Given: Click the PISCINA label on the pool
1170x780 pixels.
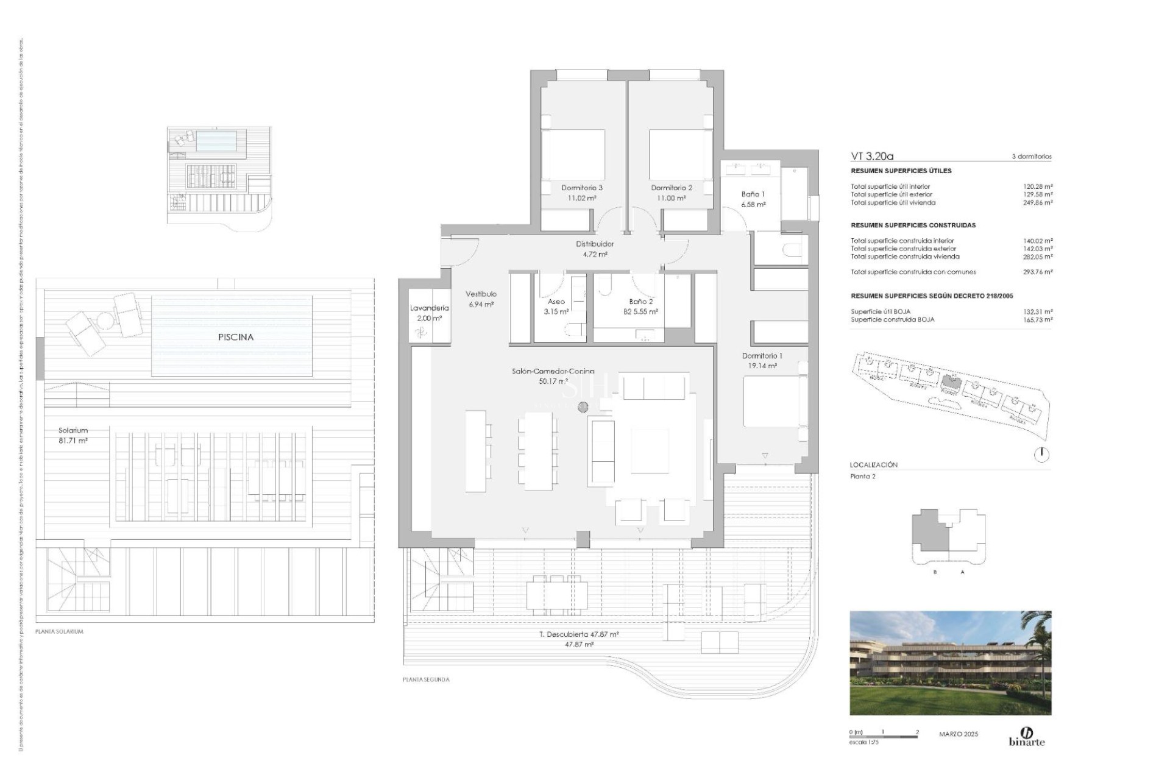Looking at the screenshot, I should pos(236,337).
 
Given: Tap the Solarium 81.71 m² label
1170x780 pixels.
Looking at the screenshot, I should pos(73,435).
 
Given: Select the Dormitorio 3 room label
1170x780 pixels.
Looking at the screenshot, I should pos(582,193).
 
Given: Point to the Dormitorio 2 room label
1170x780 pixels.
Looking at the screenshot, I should pos(672,193).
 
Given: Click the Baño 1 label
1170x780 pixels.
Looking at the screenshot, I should pos(753,199).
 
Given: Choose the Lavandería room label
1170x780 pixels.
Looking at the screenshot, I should pos(429,313).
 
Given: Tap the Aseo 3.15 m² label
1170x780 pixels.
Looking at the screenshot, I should pos(556,307).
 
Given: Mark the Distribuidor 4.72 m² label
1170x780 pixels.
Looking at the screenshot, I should pos(595,249).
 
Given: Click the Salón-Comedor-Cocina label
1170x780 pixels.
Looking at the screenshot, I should pos(553,376).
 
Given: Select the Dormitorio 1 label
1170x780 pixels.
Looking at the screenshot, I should pos(762,360).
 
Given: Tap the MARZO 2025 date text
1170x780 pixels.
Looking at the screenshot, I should pos(959,734).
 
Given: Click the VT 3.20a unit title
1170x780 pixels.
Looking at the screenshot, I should pos(872,156).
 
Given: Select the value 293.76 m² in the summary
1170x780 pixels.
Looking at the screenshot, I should pos(1038,272).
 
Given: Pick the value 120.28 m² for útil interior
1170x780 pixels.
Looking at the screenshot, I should pos(1038,187).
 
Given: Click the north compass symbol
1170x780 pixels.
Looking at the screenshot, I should pos(1041,454).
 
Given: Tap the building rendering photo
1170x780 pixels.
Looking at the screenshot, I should pos(950,662).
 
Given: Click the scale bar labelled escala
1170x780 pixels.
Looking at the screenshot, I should pos(883,737).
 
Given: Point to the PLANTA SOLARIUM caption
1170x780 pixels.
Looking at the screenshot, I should pos(59,631).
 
